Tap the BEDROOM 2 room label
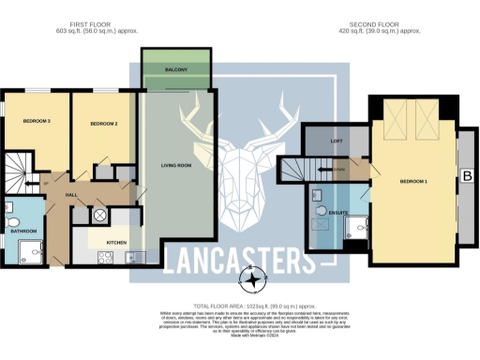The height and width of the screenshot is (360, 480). coord(102,124)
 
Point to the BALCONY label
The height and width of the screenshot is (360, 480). coord(176,70)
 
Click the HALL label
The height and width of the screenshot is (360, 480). coord(70,194)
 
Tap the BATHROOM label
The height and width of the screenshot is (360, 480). coord(22,231)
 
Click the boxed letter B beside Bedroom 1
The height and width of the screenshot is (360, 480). coord(466,174)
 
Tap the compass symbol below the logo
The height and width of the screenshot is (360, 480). coord(252,277)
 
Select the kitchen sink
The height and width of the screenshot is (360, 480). coord(132,256)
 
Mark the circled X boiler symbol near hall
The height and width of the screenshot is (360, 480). coord(100,215)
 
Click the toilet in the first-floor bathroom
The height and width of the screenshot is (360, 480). coord(10,208)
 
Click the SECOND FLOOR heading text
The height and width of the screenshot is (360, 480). coord(372,25)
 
